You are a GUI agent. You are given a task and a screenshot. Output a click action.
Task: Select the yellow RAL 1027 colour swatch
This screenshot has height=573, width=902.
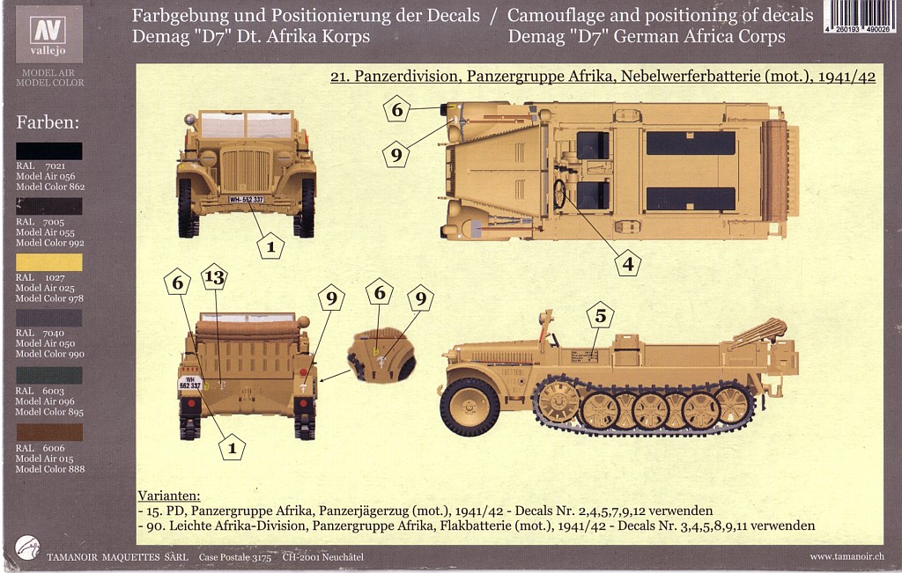(49, 262)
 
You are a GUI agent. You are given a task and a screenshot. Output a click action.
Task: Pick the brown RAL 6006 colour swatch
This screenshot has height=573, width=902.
(49, 432)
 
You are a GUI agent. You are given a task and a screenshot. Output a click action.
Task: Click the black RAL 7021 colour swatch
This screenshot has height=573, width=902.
(49, 151)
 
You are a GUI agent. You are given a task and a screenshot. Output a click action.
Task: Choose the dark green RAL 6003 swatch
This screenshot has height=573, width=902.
(49, 375)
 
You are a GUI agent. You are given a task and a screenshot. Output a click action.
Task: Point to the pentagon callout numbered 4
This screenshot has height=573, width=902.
(627, 261)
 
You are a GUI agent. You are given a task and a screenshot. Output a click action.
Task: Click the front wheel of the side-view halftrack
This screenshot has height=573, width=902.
(469, 408)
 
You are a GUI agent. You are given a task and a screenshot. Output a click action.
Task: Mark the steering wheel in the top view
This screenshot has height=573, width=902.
(559, 194)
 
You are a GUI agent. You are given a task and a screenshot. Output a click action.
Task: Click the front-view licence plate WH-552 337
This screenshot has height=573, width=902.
(247, 200)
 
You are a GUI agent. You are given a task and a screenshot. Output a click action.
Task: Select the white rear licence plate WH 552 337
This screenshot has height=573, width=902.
(190, 383)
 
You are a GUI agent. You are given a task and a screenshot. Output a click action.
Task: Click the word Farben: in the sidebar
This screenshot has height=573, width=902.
(48, 121)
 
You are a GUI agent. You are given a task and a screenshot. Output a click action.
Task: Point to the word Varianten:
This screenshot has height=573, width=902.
(169, 496)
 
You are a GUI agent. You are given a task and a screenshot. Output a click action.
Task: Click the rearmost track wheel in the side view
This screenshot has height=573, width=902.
(732, 404)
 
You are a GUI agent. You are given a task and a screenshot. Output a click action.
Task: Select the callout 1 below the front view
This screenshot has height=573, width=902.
(270, 246)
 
